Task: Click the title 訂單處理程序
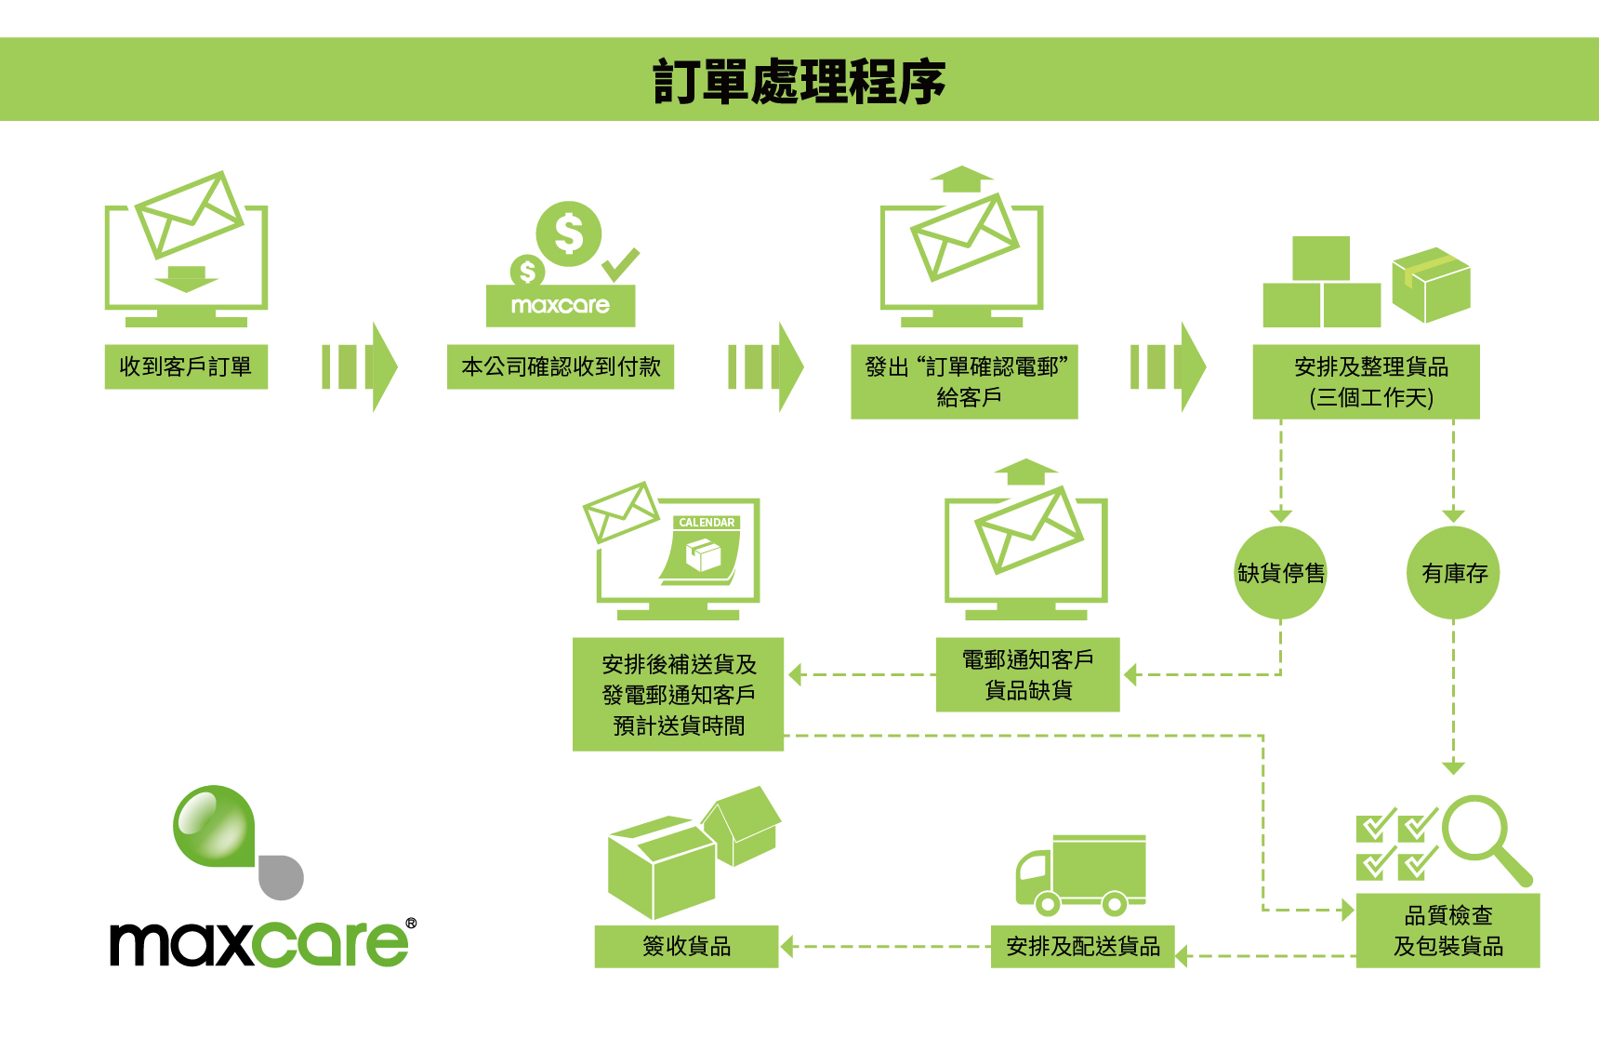pyautogui.click(x=799, y=81)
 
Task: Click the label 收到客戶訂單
pyautogui.click(x=186, y=366)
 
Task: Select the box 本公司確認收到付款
pyautogui.click(x=561, y=366)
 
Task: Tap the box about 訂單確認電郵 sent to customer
pyautogui.click(x=964, y=381)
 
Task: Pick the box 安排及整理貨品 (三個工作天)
pyautogui.click(x=1366, y=381)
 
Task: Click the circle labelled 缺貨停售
pyautogui.click(x=1280, y=573)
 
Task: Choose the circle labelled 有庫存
pyautogui.click(x=1454, y=573)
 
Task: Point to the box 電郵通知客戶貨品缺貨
pyautogui.click(x=1027, y=674)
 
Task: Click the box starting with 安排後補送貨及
pyautogui.click(x=679, y=694)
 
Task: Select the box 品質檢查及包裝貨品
pyautogui.click(x=1447, y=930)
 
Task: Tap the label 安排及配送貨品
pyautogui.click(x=1082, y=946)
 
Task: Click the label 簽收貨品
pyautogui.click(x=686, y=946)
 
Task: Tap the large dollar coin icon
pyautogui.click(x=568, y=233)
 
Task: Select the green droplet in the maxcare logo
pyautogui.click(x=213, y=825)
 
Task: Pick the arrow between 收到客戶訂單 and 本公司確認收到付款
pyautogui.click(x=359, y=366)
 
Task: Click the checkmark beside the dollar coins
pyautogui.click(x=620, y=264)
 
